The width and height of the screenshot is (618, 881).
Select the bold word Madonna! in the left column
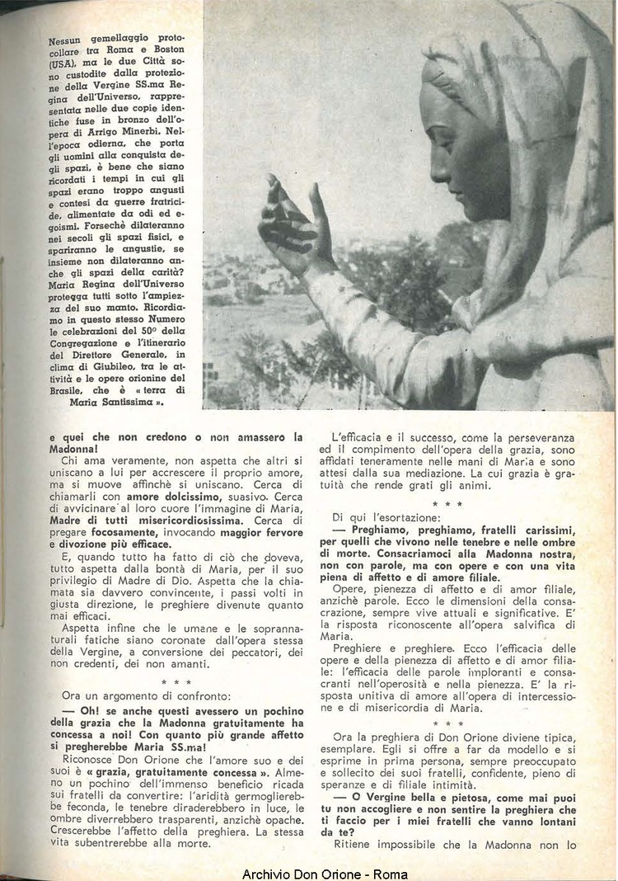[66, 446]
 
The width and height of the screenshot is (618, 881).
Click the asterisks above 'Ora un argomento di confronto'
[176, 683]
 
